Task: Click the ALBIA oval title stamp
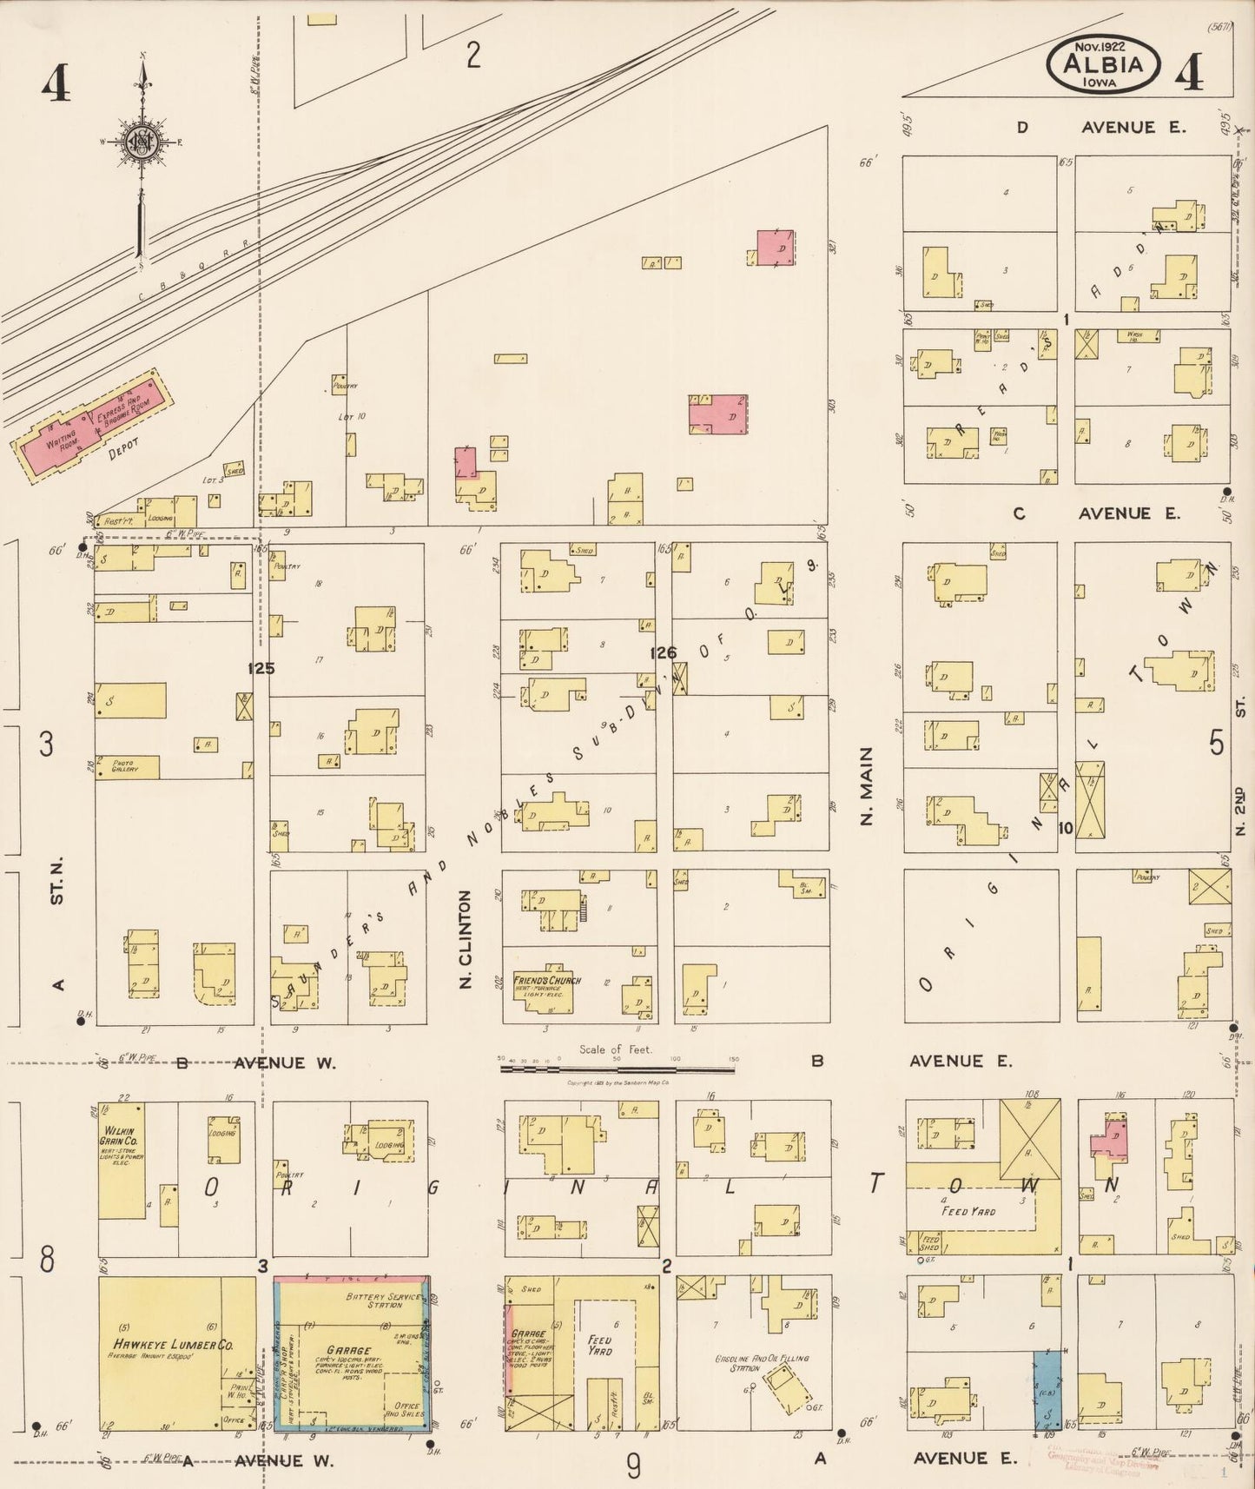coord(1103,64)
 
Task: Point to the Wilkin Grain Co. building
coord(121,1161)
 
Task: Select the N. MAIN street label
coord(866,786)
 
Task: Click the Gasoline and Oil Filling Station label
coord(762,1361)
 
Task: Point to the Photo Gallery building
coord(127,767)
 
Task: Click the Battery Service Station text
coord(384,1300)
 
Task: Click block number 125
coord(260,668)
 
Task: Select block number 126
coord(663,652)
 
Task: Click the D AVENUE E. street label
coord(1098,127)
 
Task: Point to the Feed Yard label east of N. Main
coord(968,1210)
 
